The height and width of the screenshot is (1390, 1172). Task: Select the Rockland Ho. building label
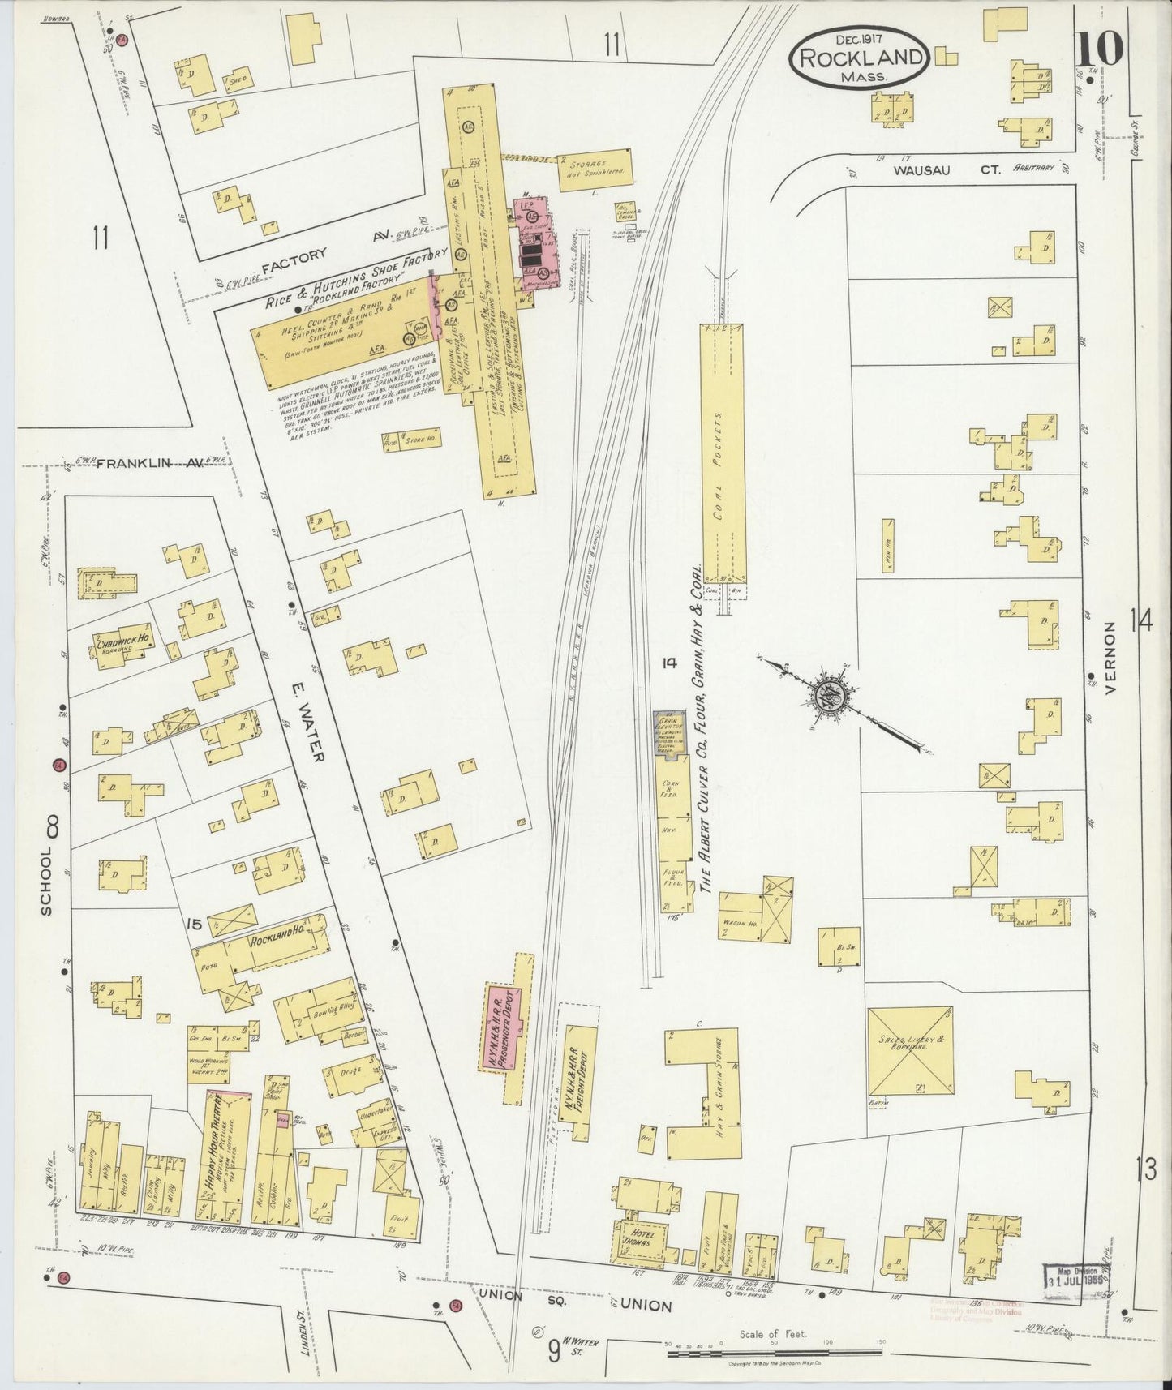coord(274,941)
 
